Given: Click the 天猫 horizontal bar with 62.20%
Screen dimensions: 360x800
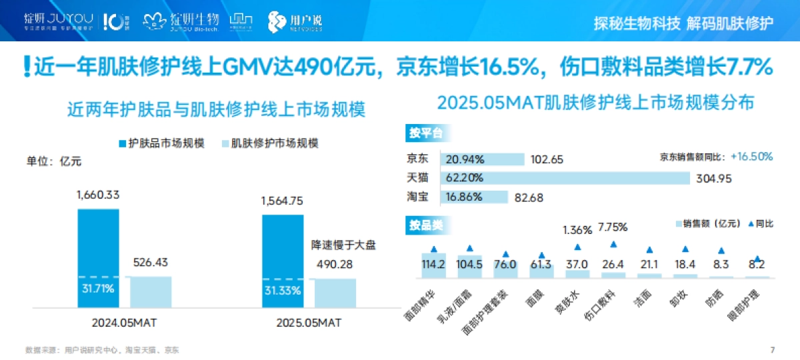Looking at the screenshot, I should [564, 178].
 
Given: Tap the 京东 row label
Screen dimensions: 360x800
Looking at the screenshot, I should [418, 159].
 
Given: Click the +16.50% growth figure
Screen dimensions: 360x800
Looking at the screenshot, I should [751, 157].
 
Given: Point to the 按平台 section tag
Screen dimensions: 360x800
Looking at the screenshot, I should [425, 133].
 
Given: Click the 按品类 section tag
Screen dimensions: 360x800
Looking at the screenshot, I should [425, 225].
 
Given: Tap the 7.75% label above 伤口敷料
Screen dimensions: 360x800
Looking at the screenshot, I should [613, 227].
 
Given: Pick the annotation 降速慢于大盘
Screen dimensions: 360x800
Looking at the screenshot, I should [344, 245].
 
